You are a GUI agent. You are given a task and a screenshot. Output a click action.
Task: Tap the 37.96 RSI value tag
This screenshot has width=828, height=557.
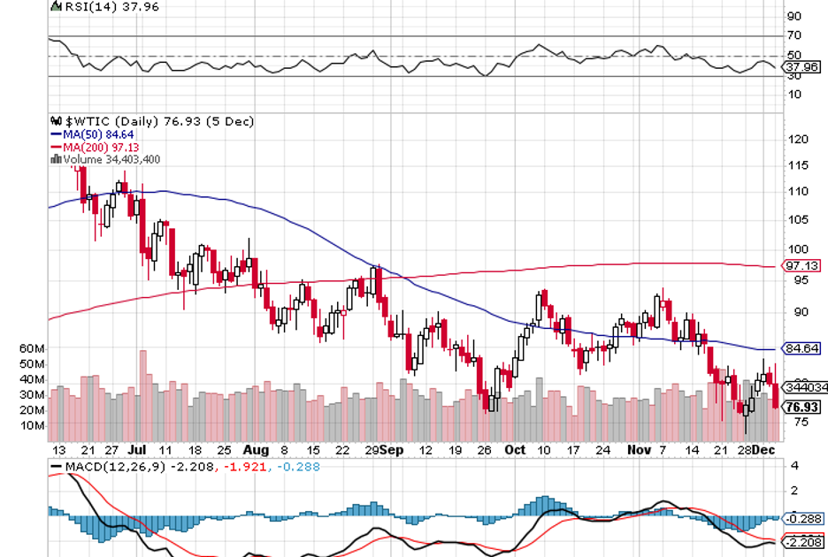coord(801,66)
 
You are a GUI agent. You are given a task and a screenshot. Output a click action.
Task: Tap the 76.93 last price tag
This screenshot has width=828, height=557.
coord(801,407)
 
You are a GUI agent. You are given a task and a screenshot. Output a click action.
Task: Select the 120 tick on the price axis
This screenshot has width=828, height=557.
coord(797,140)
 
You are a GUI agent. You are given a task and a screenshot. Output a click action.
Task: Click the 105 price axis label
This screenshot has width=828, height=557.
coord(797,220)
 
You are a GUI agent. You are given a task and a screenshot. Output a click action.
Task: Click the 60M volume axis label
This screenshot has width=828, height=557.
coord(32,348)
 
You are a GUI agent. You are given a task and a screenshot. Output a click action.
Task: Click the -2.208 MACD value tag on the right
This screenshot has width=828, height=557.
coord(803,542)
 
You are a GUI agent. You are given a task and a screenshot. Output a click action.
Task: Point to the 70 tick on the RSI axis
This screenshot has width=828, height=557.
coord(794,35)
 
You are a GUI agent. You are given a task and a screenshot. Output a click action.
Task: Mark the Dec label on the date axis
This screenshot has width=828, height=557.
coord(763,450)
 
